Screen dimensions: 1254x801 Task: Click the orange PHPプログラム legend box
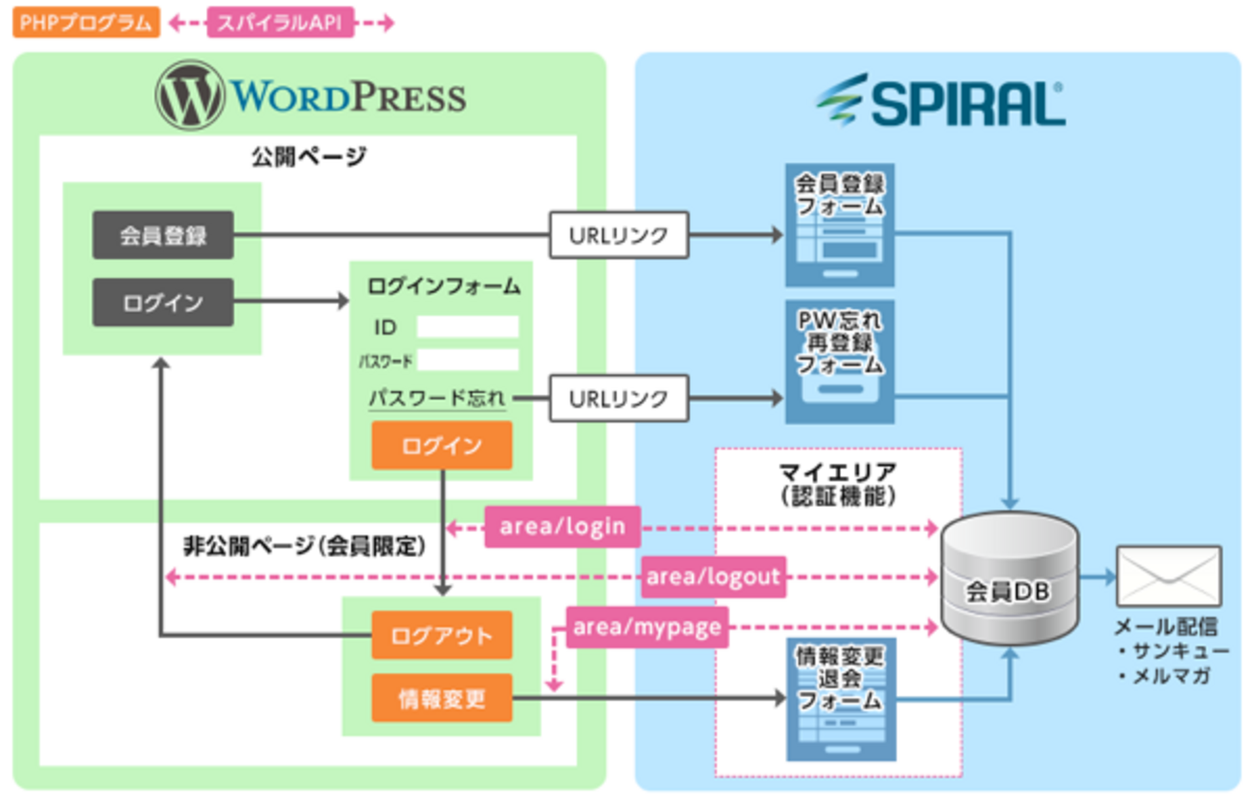click(86, 22)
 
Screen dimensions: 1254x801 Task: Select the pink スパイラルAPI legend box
click(280, 22)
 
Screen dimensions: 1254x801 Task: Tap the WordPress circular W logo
click(190, 95)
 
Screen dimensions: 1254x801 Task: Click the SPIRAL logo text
click(968, 103)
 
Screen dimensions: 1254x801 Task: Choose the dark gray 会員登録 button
click(163, 235)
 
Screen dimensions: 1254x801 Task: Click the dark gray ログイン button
click(163, 302)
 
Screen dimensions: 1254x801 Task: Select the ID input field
click(468, 327)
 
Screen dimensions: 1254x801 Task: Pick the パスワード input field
click(468, 360)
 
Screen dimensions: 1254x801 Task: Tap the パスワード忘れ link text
click(437, 398)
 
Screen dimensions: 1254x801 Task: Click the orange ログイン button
click(442, 446)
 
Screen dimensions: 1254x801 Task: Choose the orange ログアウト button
click(442, 635)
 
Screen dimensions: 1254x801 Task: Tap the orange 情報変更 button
click(442, 698)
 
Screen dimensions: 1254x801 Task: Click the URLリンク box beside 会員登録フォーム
click(619, 235)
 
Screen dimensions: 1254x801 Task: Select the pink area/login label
click(562, 527)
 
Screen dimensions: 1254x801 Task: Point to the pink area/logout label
click(713, 577)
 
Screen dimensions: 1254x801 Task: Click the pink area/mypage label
click(647, 627)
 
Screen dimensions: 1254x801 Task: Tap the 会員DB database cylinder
click(1010, 578)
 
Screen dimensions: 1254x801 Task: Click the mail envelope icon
click(1168, 576)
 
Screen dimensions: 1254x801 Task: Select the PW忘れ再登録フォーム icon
click(839, 361)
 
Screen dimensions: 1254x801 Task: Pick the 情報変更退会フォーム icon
click(841, 699)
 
